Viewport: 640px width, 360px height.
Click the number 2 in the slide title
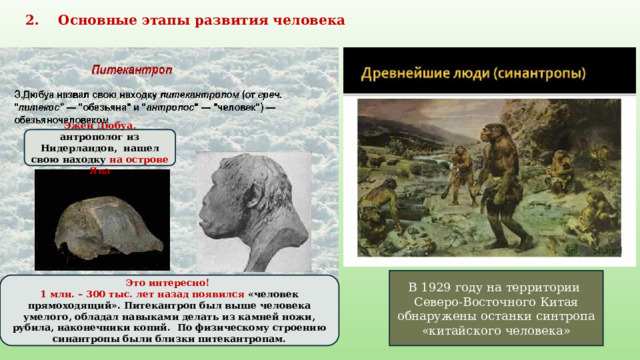tap(30, 20)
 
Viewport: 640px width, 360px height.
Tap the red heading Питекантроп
tap(133, 71)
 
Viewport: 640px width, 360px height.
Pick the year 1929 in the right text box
tap(447, 289)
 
